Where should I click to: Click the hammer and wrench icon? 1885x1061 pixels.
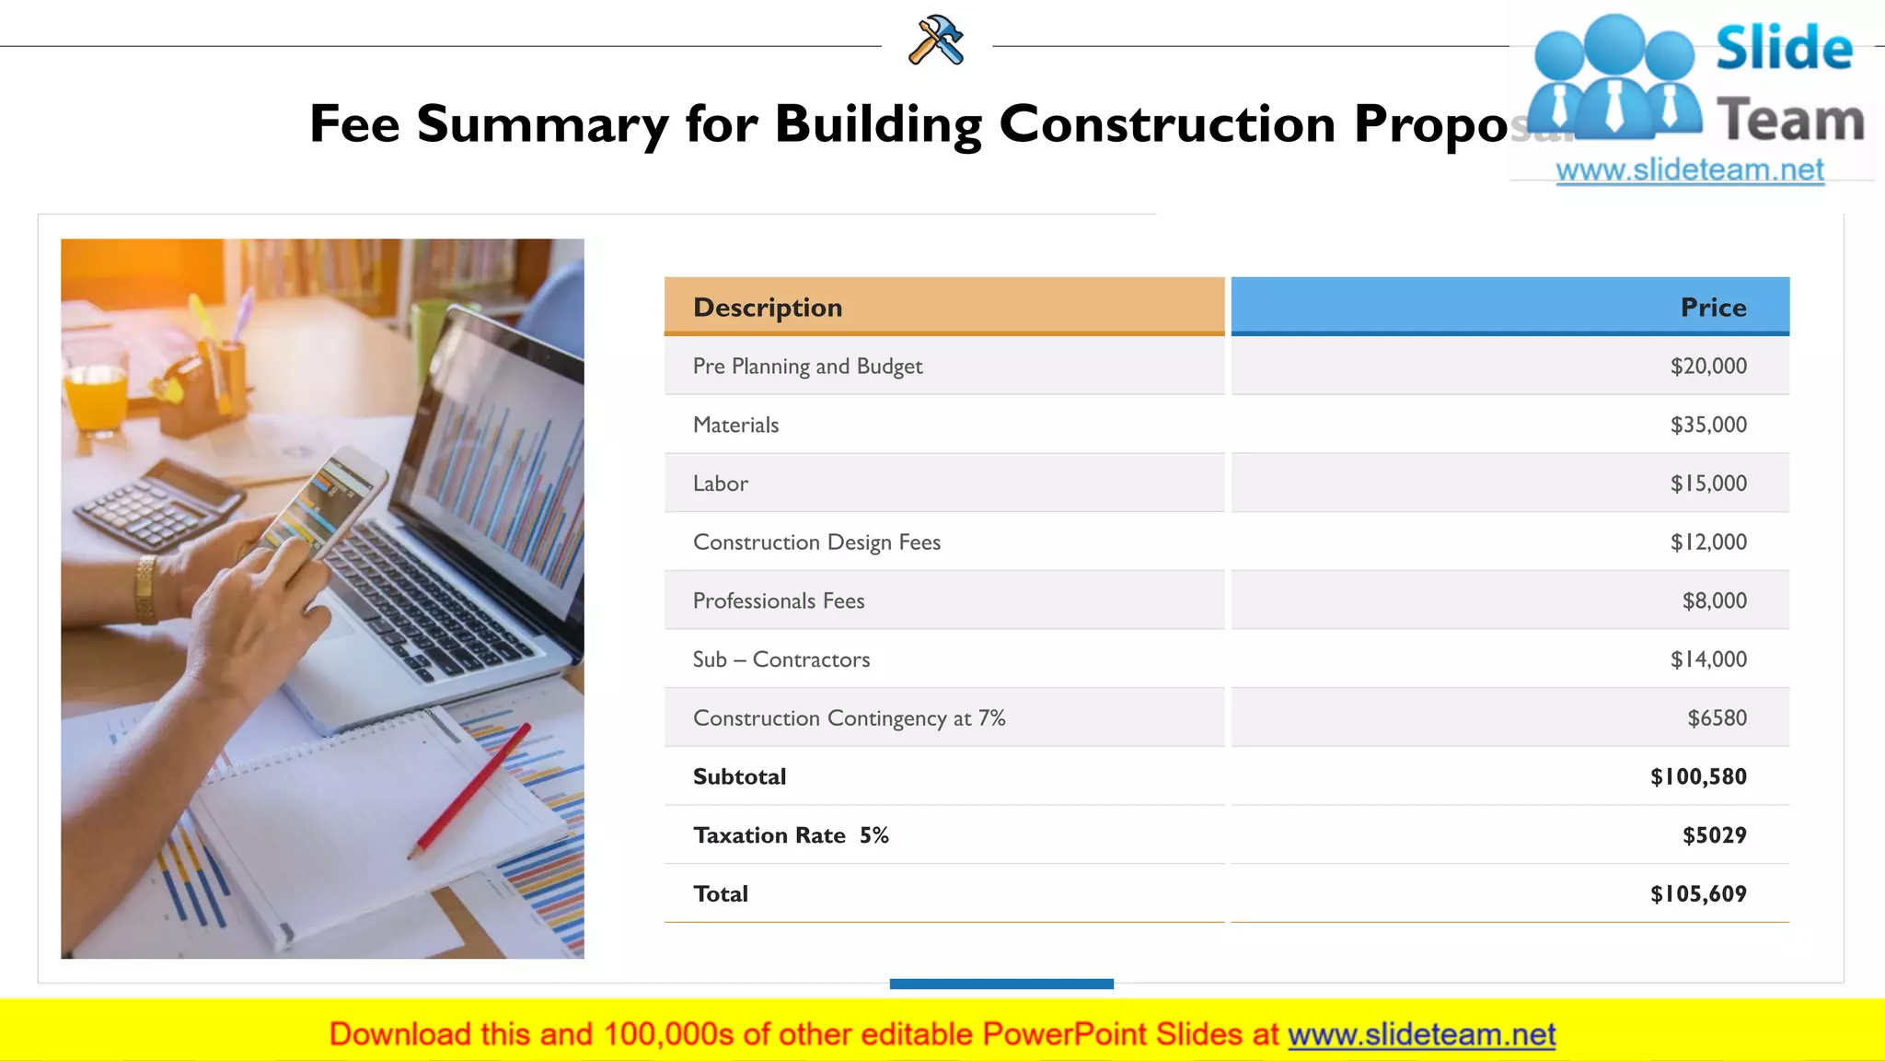pos(936,41)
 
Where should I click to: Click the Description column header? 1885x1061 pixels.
pos(768,307)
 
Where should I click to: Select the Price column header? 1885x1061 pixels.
pos(1713,307)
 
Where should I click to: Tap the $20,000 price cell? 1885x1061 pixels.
pos(1708,366)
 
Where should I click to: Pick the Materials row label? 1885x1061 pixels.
pos(735,425)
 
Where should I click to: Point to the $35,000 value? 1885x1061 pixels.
pos(1708,425)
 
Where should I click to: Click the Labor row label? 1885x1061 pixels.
pos(721,484)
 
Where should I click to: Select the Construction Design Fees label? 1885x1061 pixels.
pos(816,542)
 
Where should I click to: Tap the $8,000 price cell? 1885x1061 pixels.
pos(1714,600)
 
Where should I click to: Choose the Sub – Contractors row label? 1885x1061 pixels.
pos(781,659)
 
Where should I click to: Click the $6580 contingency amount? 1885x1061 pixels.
pos(1717,718)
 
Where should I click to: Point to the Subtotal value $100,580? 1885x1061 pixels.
pos(1698,776)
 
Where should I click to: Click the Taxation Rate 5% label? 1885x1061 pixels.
pos(791,835)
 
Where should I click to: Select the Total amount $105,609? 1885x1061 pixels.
pos(1698,893)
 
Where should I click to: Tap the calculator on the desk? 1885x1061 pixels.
pos(156,507)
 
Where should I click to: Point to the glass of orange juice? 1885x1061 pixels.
pos(94,391)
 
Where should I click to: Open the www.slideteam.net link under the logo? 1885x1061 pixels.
pos(1690,170)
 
